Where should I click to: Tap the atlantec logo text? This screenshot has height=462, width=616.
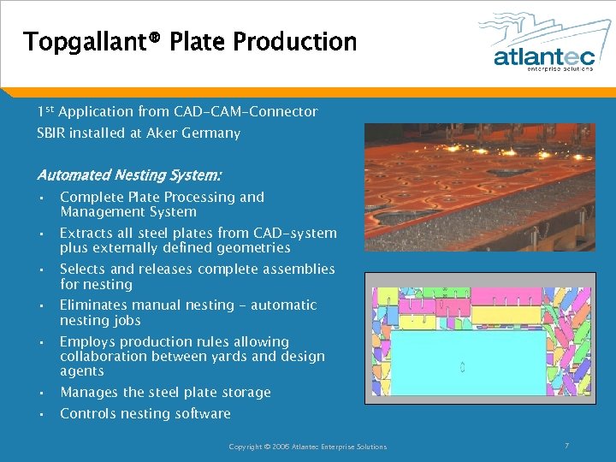(543, 56)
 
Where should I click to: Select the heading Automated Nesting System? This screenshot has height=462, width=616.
(129, 175)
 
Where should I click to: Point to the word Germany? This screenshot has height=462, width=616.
(210, 133)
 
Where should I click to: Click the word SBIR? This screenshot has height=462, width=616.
(50, 133)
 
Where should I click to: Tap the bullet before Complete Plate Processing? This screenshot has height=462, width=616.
(41, 198)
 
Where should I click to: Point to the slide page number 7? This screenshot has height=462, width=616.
(566, 446)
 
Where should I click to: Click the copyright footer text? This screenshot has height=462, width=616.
(307, 447)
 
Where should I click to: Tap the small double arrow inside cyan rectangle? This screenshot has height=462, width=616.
(463, 367)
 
